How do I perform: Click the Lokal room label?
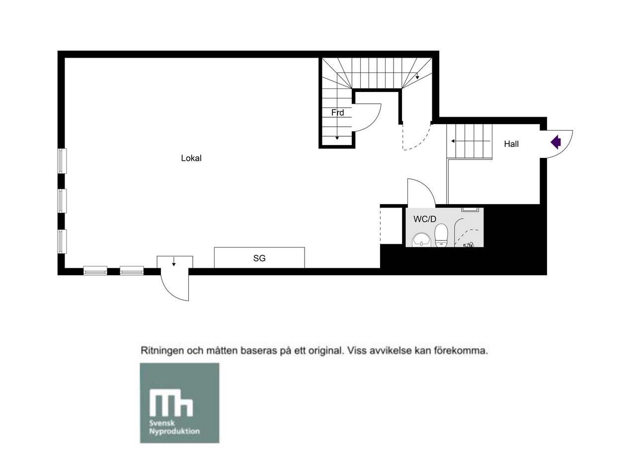click(191, 158)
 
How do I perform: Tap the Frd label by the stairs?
click(337, 113)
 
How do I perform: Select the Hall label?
click(511, 144)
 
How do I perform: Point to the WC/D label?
click(425, 219)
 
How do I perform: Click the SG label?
click(259, 258)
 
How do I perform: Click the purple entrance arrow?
click(556, 142)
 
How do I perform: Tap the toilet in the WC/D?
click(441, 235)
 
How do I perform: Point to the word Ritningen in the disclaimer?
click(162, 351)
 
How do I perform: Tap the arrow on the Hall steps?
click(471, 141)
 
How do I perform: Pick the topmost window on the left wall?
click(62, 161)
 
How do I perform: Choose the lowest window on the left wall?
click(62, 241)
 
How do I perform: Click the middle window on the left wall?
click(62, 201)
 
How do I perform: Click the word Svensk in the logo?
click(162, 424)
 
